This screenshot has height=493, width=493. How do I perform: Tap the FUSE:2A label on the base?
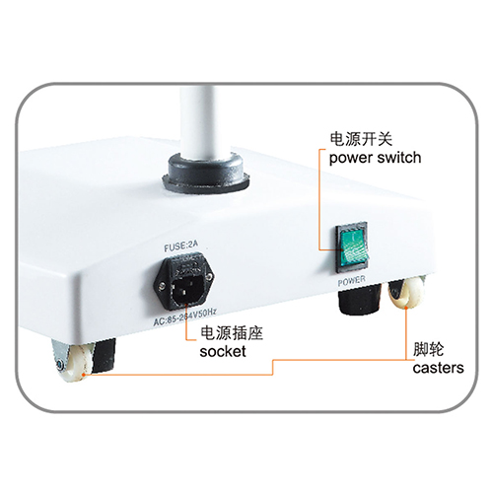(181, 246)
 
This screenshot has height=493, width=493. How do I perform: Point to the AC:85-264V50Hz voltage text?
(185, 317)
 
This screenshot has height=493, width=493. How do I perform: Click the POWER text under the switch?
(351, 281)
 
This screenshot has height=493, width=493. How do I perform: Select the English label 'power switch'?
(375, 158)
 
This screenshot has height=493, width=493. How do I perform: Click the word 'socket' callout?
(223, 351)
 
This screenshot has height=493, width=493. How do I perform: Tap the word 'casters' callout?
(438, 368)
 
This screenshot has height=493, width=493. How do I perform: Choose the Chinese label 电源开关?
(361, 139)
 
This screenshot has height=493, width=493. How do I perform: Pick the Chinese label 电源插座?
(232, 333)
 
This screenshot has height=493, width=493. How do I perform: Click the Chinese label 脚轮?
(429, 349)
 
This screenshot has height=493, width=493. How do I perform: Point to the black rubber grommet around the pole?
(206, 175)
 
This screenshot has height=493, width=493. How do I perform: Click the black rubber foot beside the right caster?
(359, 299)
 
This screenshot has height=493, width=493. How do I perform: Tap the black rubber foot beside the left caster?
(104, 356)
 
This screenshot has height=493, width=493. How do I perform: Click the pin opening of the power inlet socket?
(186, 290)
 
